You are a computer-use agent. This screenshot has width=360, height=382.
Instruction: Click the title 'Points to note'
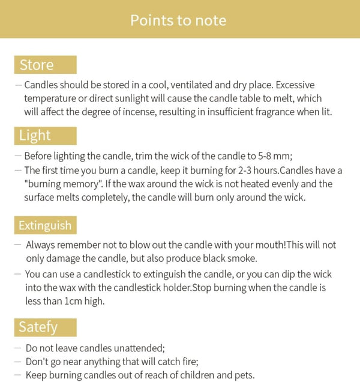(178, 20)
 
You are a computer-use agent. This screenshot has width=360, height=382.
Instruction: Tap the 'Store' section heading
(37, 65)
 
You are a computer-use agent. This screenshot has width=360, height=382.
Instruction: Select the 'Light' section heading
(35, 136)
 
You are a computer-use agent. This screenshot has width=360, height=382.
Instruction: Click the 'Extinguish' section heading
(45, 226)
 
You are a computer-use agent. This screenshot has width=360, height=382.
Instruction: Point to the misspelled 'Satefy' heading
(38, 327)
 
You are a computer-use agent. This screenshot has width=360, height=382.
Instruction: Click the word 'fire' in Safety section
(187, 362)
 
